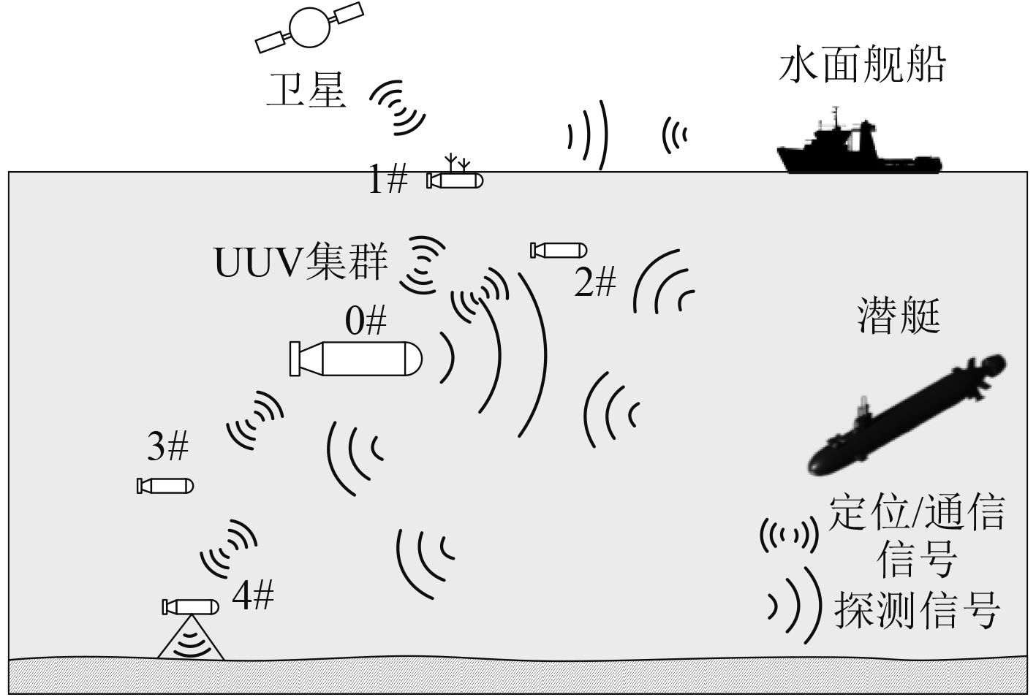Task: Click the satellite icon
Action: [x=309, y=26]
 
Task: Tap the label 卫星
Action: [x=306, y=90]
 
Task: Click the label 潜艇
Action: [x=899, y=316]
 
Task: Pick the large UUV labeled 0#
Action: [x=356, y=358]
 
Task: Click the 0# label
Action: [x=366, y=320]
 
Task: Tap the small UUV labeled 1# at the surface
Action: [x=455, y=180]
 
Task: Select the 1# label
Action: [x=387, y=179]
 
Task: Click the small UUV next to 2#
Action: [x=559, y=251]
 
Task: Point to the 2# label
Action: [x=595, y=282]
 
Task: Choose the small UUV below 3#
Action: [x=165, y=485]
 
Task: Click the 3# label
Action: [x=168, y=446]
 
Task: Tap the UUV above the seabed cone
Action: [x=191, y=606]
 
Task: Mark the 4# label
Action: [x=253, y=595]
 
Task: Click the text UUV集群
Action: [x=300, y=262]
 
